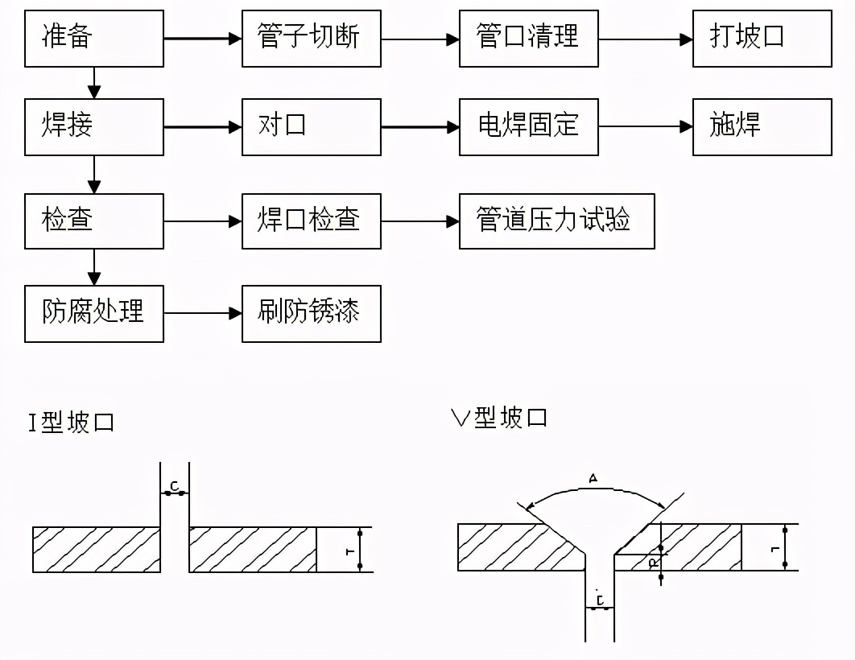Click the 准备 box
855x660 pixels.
[x=93, y=39]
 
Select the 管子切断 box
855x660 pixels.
[x=311, y=39]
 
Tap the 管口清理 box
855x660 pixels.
[x=528, y=39]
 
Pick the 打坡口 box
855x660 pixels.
[x=762, y=39]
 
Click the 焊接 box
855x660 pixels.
[x=93, y=126]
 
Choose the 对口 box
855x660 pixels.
[x=311, y=126]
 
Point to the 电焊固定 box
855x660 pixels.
[x=528, y=126]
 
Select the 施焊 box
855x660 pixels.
[x=762, y=126]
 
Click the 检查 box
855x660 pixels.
[x=93, y=221]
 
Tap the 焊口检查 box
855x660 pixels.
[x=311, y=221]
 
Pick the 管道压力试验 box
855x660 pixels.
[x=556, y=221]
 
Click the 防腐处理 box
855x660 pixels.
[x=93, y=313]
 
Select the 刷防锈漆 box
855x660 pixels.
[x=311, y=313]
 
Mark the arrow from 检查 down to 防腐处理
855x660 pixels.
[x=94, y=267]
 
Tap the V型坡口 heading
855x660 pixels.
[x=499, y=417]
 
